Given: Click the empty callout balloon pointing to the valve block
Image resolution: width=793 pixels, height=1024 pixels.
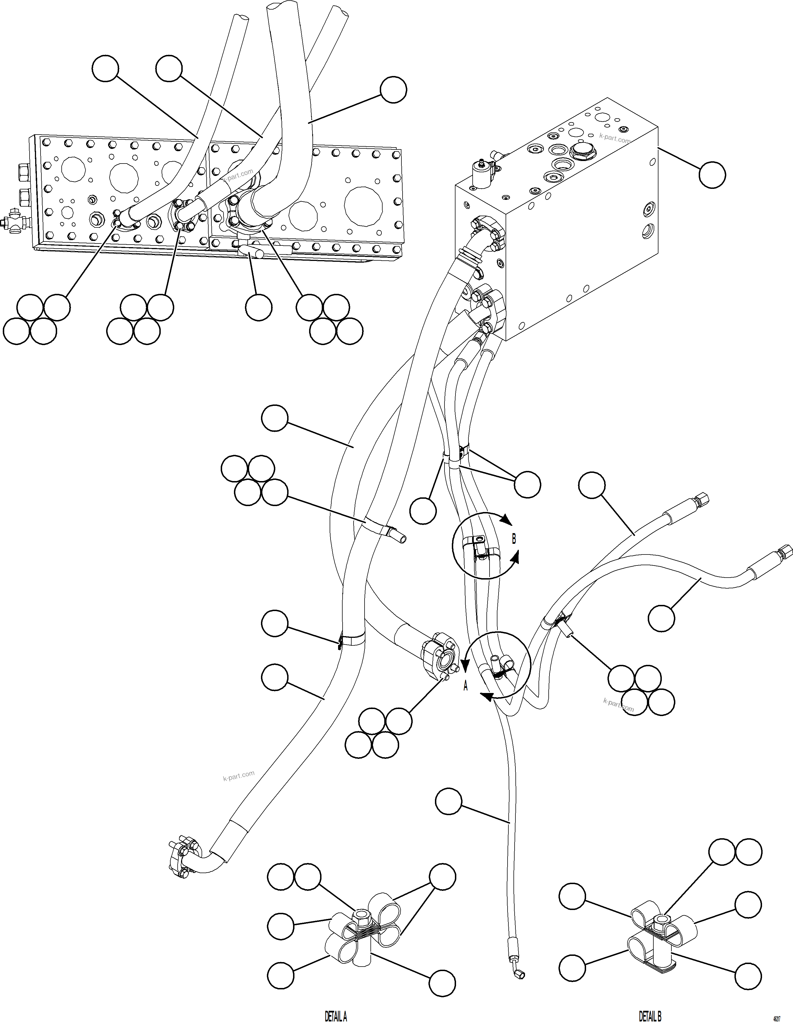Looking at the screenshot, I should [712, 175].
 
